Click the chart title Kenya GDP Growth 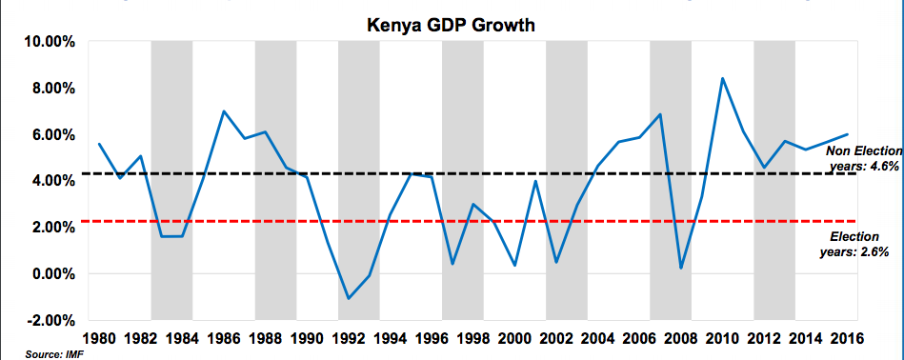pyautogui.click(x=452, y=23)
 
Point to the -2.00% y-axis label pyautogui.click(x=46, y=320)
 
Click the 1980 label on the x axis pyautogui.click(x=99, y=338)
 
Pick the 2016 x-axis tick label pyautogui.click(x=847, y=338)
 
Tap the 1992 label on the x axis pyautogui.click(x=349, y=338)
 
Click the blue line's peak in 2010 pyautogui.click(x=723, y=78)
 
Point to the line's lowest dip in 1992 pyautogui.click(x=349, y=299)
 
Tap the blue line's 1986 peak pyautogui.click(x=224, y=111)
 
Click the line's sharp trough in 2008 pyautogui.click(x=681, y=268)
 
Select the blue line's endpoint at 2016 pyautogui.click(x=847, y=134)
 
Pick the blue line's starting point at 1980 pyautogui.click(x=99, y=144)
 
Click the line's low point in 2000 pyautogui.click(x=514, y=265)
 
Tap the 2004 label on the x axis pyautogui.click(x=598, y=338)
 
